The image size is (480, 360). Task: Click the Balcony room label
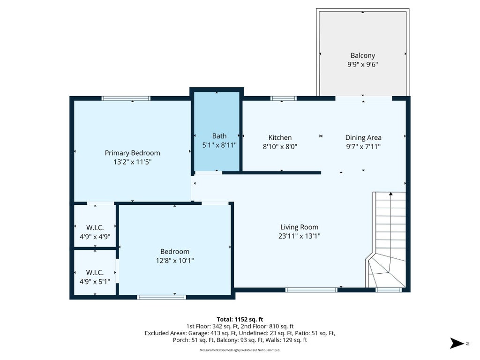[x=362, y=56]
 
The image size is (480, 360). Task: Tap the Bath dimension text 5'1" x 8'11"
[x=219, y=145]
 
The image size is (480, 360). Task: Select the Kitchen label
[x=280, y=137]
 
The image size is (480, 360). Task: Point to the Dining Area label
[x=363, y=138]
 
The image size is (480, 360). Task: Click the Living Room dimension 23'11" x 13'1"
[x=299, y=236]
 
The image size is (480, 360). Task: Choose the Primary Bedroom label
[x=132, y=153]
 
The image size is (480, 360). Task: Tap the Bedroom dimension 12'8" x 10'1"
[x=175, y=261]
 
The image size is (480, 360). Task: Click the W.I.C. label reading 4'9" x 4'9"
[x=95, y=232]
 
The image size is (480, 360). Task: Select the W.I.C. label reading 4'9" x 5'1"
[x=95, y=277]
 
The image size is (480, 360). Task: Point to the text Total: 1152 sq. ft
[x=240, y=319]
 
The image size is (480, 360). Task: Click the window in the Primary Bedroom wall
[x=126, y=98]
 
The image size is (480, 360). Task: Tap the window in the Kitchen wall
[x=284, y=98]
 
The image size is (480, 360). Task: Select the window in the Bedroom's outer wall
[x=161, y=297]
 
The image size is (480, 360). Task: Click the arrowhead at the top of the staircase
[x=390, y=194]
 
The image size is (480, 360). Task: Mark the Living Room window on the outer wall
[x=311, y=290]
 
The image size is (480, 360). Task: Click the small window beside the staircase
[x=389, y=290]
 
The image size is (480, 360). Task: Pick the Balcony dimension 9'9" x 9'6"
[x=362, y=65]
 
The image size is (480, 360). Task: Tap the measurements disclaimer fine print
[x=240, y=350]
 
